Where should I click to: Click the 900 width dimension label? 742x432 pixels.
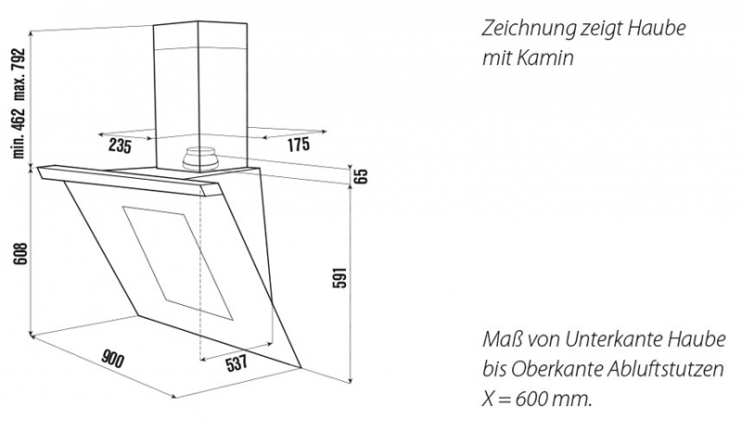point(112,359)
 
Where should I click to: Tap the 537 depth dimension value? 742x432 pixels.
point(237,363)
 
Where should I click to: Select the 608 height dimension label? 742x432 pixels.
point(20,254)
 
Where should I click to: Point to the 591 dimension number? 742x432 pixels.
point(339,278)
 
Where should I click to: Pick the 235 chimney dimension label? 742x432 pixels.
point(120,146)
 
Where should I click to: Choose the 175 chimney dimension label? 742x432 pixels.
point(298,145)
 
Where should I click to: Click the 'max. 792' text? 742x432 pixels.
point(19,75)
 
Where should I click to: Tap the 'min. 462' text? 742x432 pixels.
point(19,133)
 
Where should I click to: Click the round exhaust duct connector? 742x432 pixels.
point(200,159)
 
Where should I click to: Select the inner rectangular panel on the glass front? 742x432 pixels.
point(177,262)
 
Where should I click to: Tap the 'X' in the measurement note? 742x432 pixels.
point(489,399)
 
